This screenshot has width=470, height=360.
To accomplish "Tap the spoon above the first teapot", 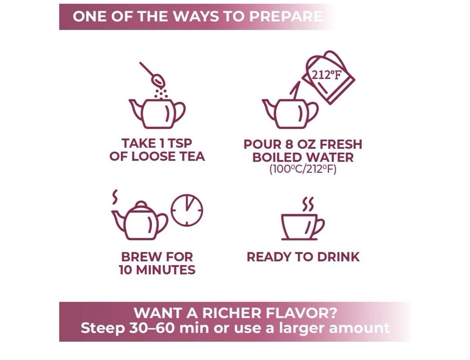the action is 152,74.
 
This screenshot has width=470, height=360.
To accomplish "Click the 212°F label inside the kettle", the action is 326,75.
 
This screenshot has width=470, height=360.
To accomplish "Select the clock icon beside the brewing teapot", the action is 187,210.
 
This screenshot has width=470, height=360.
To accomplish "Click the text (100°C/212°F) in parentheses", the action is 303,169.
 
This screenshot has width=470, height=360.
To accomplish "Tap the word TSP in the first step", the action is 179,143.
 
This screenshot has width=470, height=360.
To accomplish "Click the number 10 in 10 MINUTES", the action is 125,270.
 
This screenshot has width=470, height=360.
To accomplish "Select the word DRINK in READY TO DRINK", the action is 338,257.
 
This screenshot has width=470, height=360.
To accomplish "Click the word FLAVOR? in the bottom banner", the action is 301,313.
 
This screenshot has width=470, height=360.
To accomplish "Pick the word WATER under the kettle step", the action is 327,157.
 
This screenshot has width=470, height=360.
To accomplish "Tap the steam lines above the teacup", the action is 308,204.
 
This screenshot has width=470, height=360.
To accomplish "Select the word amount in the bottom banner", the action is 359,328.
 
